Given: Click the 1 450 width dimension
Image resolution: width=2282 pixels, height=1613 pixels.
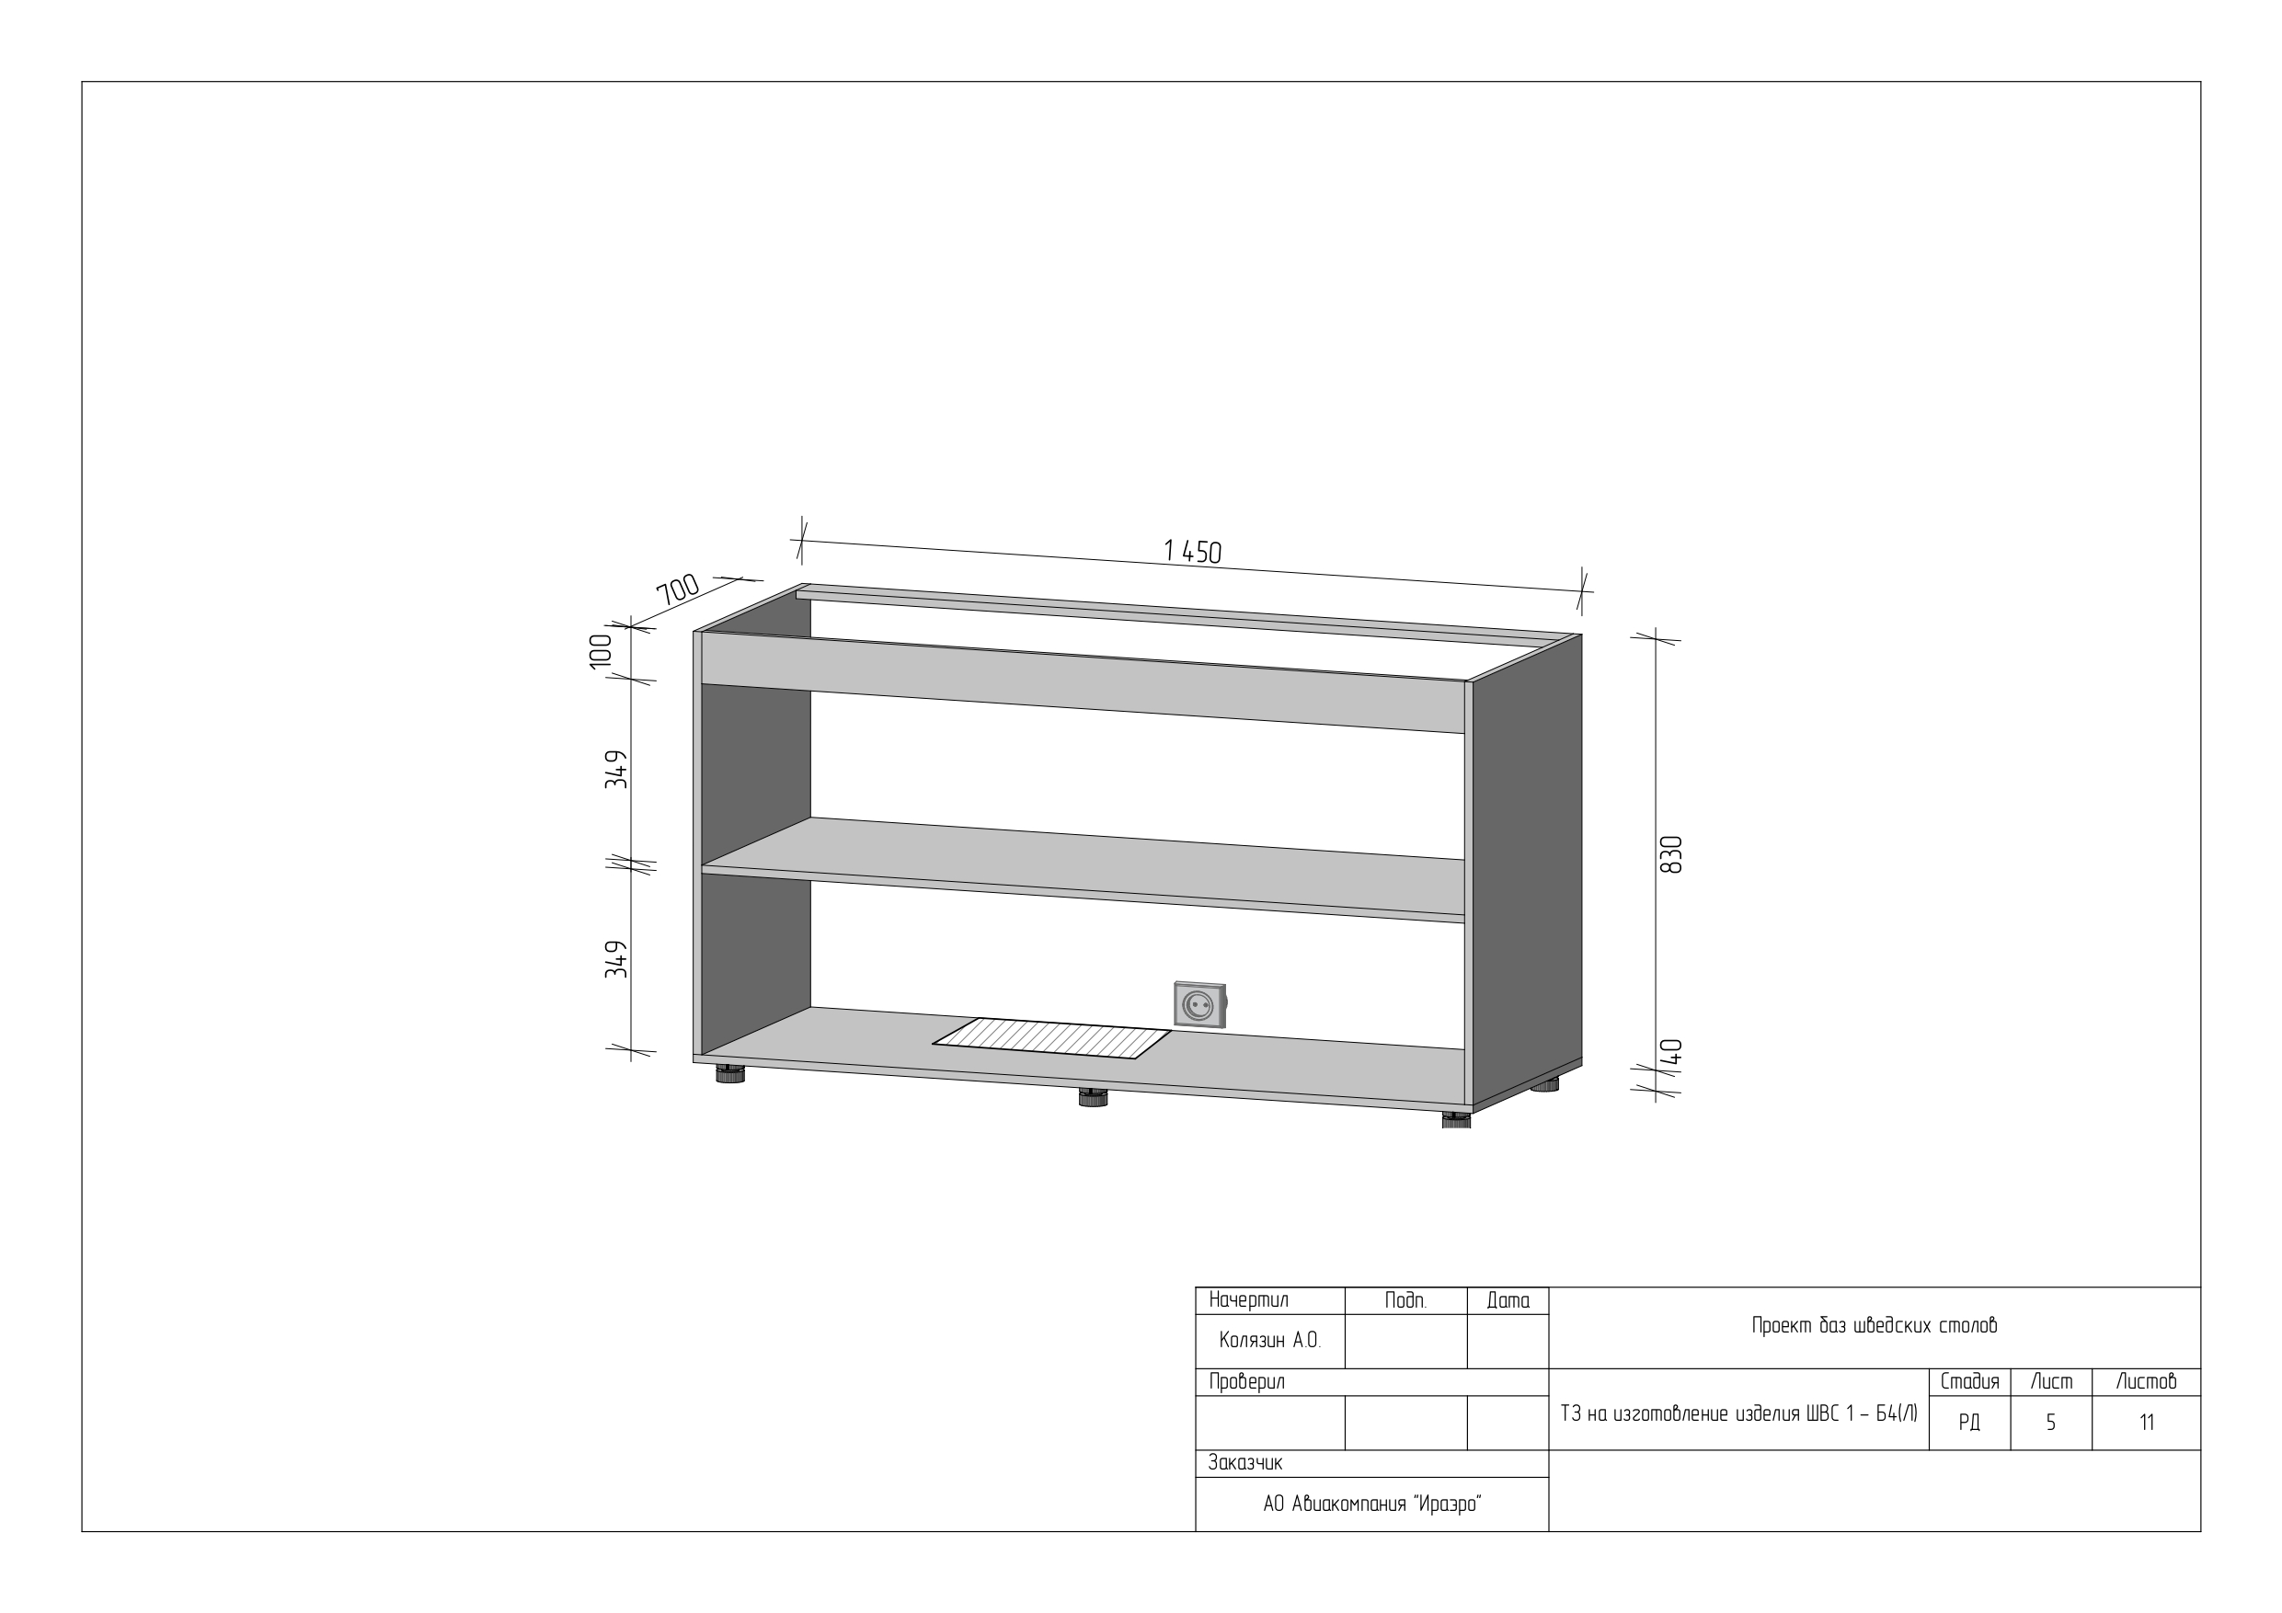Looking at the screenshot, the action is coord(1192,551).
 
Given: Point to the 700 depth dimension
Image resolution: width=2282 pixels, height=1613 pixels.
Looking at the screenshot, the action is coord(679,589).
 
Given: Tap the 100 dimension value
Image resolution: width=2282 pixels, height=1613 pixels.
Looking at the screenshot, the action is coord(601,651).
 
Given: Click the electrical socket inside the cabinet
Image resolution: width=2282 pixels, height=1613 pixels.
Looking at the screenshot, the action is coord(1199,1005).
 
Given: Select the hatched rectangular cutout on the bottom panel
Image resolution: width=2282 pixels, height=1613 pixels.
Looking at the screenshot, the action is coord(1051,1038).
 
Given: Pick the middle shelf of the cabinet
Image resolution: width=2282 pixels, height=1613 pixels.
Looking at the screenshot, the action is coord(1083,870).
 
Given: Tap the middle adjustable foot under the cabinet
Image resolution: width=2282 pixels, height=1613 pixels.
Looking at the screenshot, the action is coord(1093,1097).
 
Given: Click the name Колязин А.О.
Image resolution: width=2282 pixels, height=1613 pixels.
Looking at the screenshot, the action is coord(1269,1341).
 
